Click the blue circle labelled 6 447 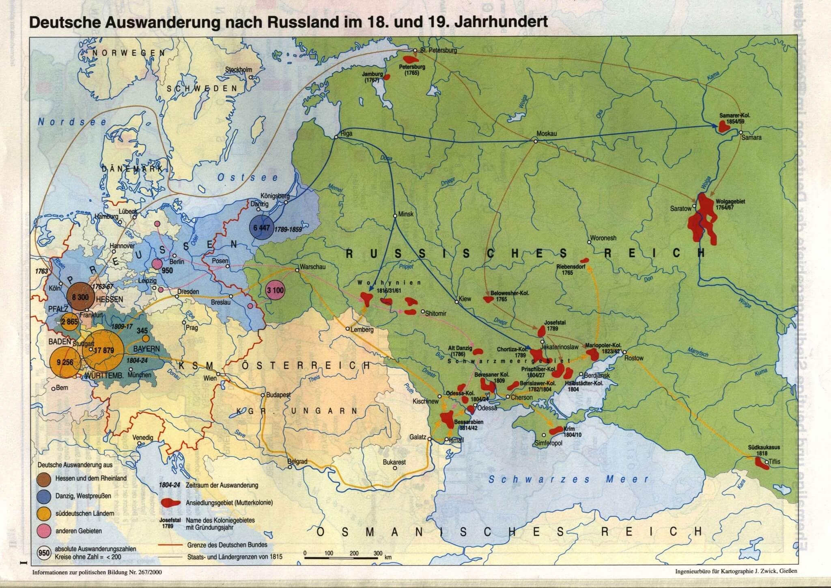(x=262, y=228)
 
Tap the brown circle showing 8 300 (x=80, y=297)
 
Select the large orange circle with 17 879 (x=103, y=350)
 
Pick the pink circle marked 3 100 (x=275, y=290)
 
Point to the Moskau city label (x=547, y=134)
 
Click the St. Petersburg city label (x=439, y=51)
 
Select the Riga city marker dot (x=336, y=137)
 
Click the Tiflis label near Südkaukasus (x=773, y=462)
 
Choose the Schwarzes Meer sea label (x=568, y=479)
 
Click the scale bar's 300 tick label (x=378, y=553)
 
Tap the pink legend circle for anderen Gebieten (x=45, y=530)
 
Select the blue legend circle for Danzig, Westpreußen (x=45, y=496)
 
